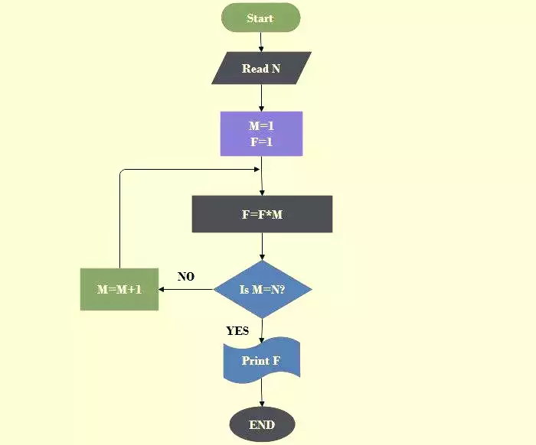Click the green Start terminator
pyautogui.click(x=261, y=18)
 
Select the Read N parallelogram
pyautogui.click(x=262, y=68)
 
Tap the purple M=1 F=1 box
pyautogui.click(x=262, y=134)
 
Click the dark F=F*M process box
pyautogui.click(x=262, y=214)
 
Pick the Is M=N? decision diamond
pyautogui.click(x=263, y=289)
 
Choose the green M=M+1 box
pyautogui.click(x=119, y=289)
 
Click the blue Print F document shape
pyautogui.click(x=262, y=360)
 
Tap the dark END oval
pyautogui.click(x=262, y=425)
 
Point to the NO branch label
pyautogui.click(x=186, y=277)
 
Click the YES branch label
pyautogui.click(x=237, y=330)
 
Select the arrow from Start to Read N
pyautogui.click(x=261, y=42)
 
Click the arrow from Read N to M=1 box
pyautogui.click(x=262, y=98)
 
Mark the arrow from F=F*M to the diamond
pyautogui.click(x=262, y=246)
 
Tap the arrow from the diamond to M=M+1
pyautogui.click(x=186, y=289)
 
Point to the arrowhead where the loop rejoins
pyautogui.click(x=257, y=169)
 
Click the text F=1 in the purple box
pyautogui.click(x=262, y=141)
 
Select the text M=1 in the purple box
pyautogui.click(x=262, y=126)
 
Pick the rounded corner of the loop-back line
pyautogui.click(x=121, y=171)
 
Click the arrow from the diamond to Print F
pyautogui.click(x=262, y=331)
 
